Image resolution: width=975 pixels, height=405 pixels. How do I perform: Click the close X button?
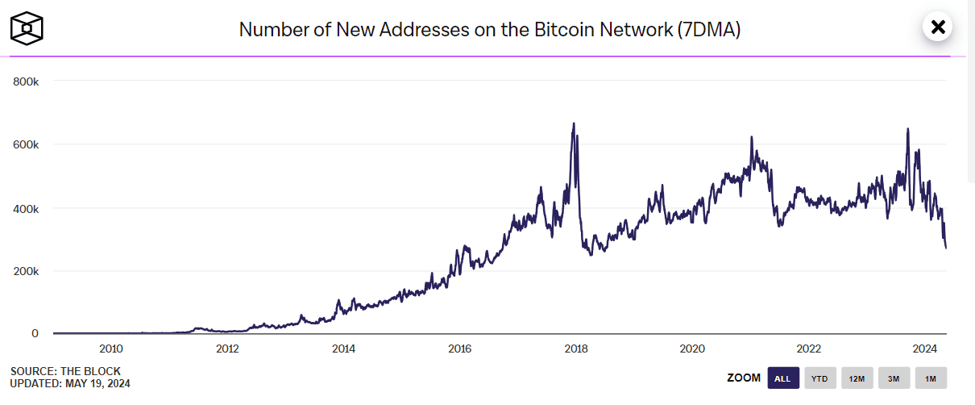coord(937,27)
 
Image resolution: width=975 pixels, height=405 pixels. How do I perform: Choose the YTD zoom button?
coord(819,378)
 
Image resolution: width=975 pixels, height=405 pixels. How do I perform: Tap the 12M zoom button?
coord(857,378)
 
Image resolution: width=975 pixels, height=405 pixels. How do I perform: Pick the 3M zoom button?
coord(894,378)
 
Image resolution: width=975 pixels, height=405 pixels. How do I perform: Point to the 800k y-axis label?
coord(26,81)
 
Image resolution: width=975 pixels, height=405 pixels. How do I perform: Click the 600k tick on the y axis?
coord(26,144)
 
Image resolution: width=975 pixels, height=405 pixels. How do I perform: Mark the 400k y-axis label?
coord(26,208)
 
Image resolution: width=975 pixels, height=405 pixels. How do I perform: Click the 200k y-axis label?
coord(26,271)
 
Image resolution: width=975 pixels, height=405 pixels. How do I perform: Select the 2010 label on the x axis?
coord(110,349)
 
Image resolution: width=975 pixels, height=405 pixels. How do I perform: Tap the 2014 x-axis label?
coord(343,349)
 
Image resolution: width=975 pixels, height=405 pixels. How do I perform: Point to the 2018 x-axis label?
coord(576,349)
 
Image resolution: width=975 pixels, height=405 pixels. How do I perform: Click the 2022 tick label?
coord(809,349)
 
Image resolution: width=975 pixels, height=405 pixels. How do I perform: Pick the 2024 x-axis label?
coord(925,349)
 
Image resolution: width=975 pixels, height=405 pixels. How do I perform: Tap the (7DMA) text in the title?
coord(710,30)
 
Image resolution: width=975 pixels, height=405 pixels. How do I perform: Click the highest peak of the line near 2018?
coord(573,123)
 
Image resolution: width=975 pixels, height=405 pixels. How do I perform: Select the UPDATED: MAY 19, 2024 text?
coord(70,383)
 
